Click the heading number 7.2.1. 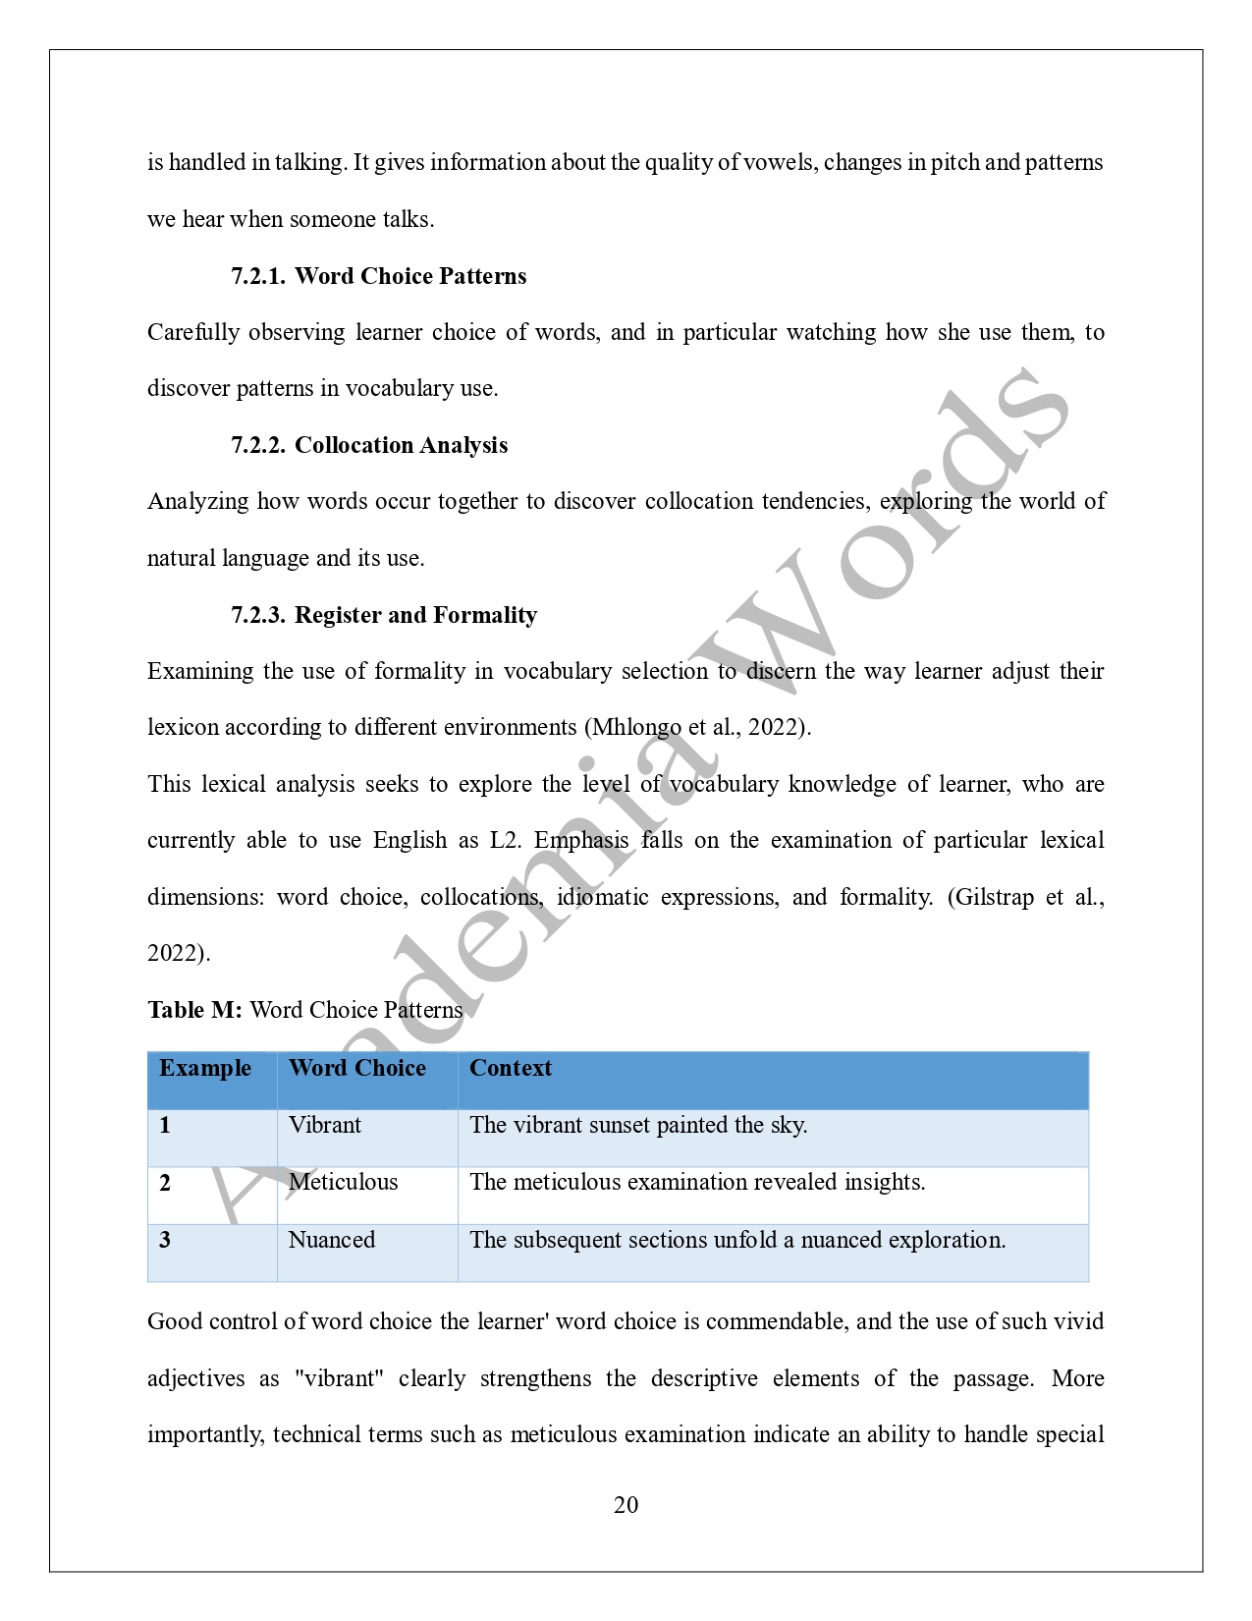coord(257,276)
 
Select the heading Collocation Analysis coord(401,445)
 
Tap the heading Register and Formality coord(415,615)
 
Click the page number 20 coord(626,1505)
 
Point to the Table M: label coord(194,1010)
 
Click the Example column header coord(205,1068)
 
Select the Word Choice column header coord(357,1068)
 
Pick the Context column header coord(511,1068)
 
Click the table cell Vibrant coord(325,1125)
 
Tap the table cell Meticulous coord(344,1182)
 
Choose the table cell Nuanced coord(332,1240)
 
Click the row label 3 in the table coord(165,1240)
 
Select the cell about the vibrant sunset coord(638,1125)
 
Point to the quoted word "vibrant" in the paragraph coord(339,1378)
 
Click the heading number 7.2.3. coord(257,615)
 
